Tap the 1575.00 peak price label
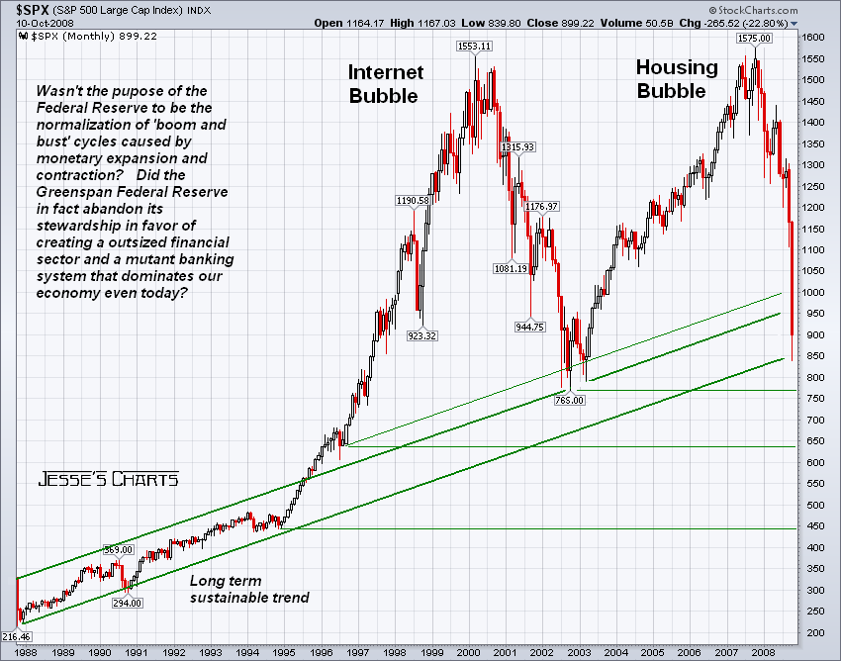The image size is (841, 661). point(754,38)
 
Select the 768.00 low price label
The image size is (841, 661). point(570,400)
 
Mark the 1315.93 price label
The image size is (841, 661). point(517,146)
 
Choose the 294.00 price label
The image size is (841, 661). point(127,602)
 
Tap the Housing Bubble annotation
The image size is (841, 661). point(677,79)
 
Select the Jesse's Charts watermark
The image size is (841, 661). point(109,479)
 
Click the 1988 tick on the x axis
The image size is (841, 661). point(28,653)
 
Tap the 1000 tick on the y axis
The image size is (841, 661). point(812,293)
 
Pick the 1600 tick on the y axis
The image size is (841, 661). point(812,37)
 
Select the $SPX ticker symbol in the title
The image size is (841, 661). point(23,10)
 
